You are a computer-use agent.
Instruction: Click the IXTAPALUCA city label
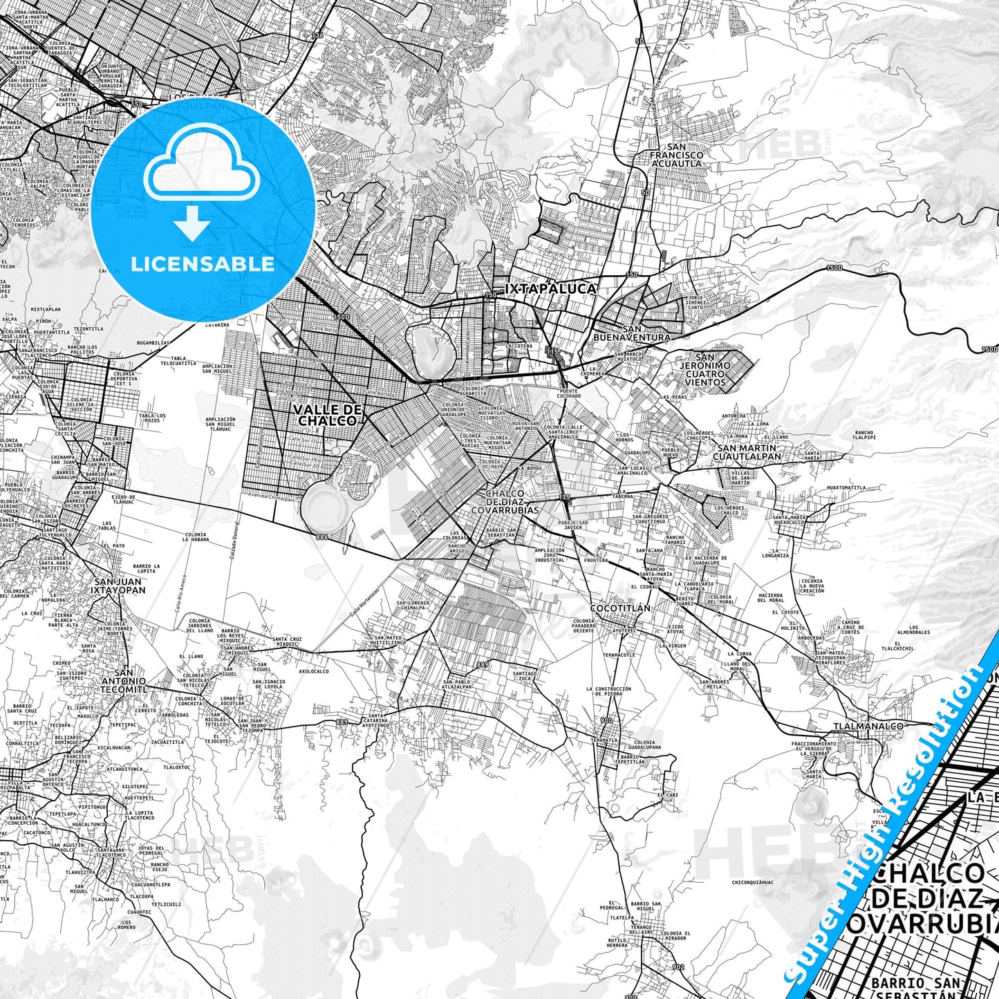coord(550,288)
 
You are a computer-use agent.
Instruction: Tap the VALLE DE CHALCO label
coord(328,415)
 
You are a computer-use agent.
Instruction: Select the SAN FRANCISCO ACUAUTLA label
coord(676,155)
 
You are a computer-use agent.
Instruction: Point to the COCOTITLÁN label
coord(620,608)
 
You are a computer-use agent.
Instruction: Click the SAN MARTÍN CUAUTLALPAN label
coord(747,451)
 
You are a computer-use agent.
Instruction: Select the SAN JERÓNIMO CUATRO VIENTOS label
coord(705,369)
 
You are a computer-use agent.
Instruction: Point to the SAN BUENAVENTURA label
coord(632,333)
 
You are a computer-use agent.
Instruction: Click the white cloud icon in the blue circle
coord(201,169)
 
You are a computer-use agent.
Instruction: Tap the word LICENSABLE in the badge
coord(202,263)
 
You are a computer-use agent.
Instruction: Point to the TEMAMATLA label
coord(604,739)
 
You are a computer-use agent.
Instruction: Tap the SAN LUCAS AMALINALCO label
coord(632,470)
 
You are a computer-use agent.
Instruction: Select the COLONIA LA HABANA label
coord(196,536)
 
